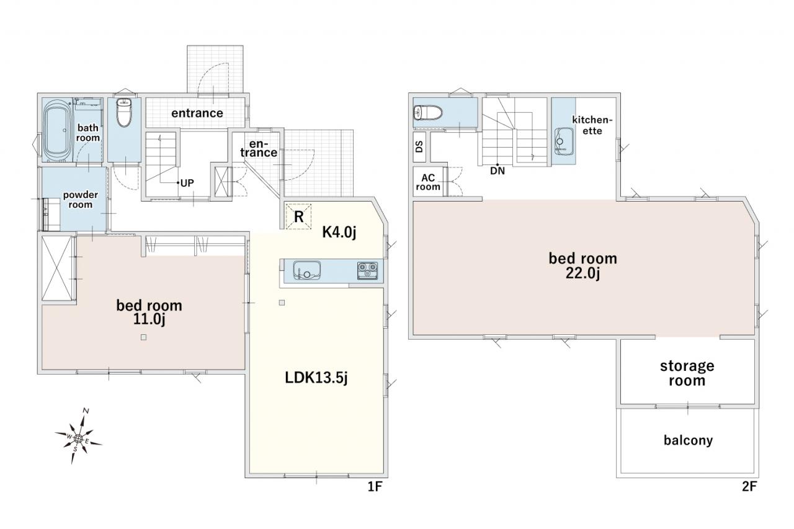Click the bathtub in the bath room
click(x=56, y=130)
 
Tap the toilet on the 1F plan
click(x=124, y=112)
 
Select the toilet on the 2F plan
click(x=428, y=113)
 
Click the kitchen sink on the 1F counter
click(x=306, y=270)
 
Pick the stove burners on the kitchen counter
click(x=368, y=270)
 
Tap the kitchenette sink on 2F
click(x=564, y=141)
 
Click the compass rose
click(x=78, y=438)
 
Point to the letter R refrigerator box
click(x=298, y=216)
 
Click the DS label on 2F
click(x=419, y=146)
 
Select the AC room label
click(x=428, y=182)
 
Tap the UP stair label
click(x=187, y=183)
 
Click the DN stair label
click(x=497, y=171)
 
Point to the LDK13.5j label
click(x=316, y=378)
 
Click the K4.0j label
click(x=339, y=232)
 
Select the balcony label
click(x=688, y=440)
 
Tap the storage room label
click(x=687, y=373)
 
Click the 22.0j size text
click(x=582, y=273)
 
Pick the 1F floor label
click(x=375, y=486)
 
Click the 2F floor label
click(x=749, y=486)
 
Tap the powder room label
click(x=81, y=200)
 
